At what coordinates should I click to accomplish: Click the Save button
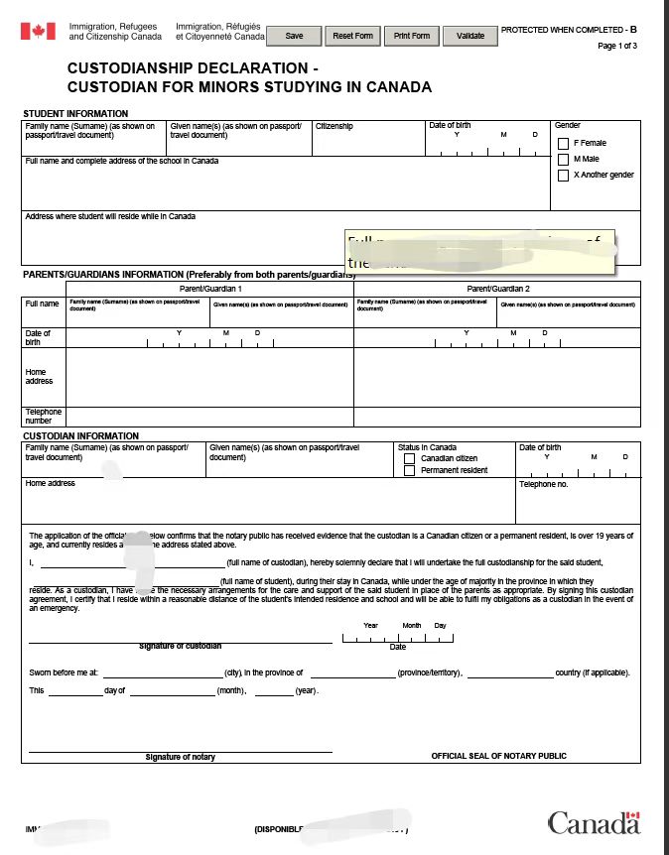[295, 36]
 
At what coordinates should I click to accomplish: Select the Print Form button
[411, 36]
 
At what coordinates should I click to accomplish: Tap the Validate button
[469, 36]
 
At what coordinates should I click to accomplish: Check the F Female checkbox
[564, 144]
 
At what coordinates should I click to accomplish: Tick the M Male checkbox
[564, 160]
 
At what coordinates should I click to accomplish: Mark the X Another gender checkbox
[564, 176]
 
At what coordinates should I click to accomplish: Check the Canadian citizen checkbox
[409, 458]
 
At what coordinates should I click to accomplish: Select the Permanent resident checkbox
[409, 470]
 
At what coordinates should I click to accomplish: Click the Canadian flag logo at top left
[38, 32]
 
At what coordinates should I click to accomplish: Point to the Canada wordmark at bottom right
[594, 822]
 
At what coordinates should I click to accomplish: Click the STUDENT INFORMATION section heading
[75, 114]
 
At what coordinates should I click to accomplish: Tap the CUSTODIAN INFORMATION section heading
[80, 436]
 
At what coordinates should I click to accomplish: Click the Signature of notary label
[180, 757]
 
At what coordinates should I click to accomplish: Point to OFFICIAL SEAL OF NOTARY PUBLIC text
[498, 756]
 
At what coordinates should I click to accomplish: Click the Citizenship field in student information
[369, 139]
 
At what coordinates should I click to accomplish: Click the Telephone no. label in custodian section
[544, 484]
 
